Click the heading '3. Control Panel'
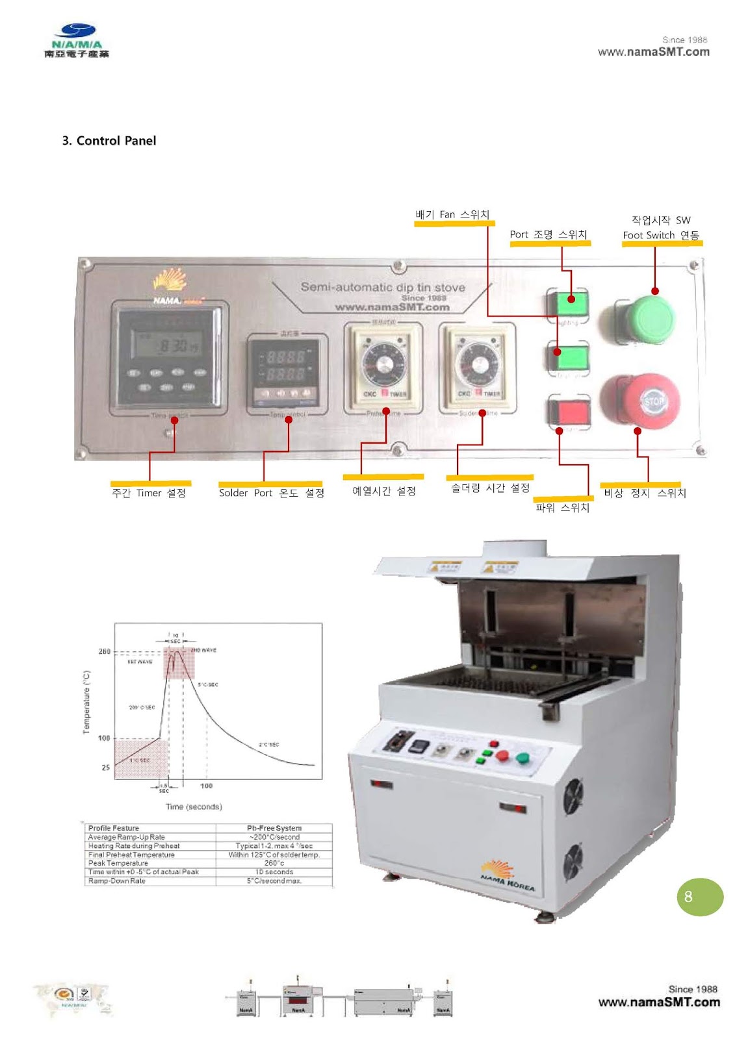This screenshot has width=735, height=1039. (x=109, y=141)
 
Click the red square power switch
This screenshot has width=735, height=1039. (x=569, y=411)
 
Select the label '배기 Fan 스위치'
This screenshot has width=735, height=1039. (x=452, y=214)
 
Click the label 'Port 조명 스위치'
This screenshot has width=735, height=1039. (x=548, y=234)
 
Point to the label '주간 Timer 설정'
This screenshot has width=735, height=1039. (x=149, y=493)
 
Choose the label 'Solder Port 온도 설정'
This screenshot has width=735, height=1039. (x=271, y=493)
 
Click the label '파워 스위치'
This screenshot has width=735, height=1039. (x=562, y=508)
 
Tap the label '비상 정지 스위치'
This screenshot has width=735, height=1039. (x=645, y=493)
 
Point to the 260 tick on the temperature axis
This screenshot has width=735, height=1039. (x=105, y=651)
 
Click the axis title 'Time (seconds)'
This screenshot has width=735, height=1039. (x=194, y=807)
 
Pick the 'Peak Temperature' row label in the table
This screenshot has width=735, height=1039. (x=118, y=863)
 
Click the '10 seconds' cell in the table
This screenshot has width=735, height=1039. (x=274, y=872)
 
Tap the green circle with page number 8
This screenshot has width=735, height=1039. (x=699, y=897)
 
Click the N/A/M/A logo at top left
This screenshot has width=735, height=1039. (x=77, y=40)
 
